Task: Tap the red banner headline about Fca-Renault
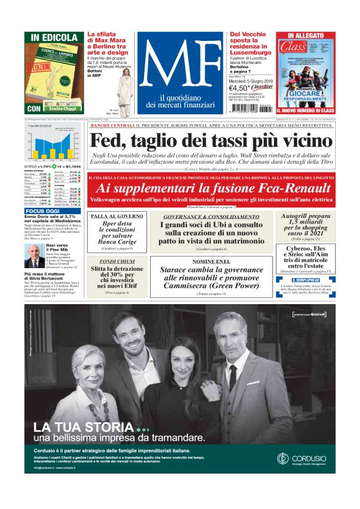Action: (210, 189)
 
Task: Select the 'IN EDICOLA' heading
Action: (52, 37)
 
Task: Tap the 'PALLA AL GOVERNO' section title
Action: (117, 217)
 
